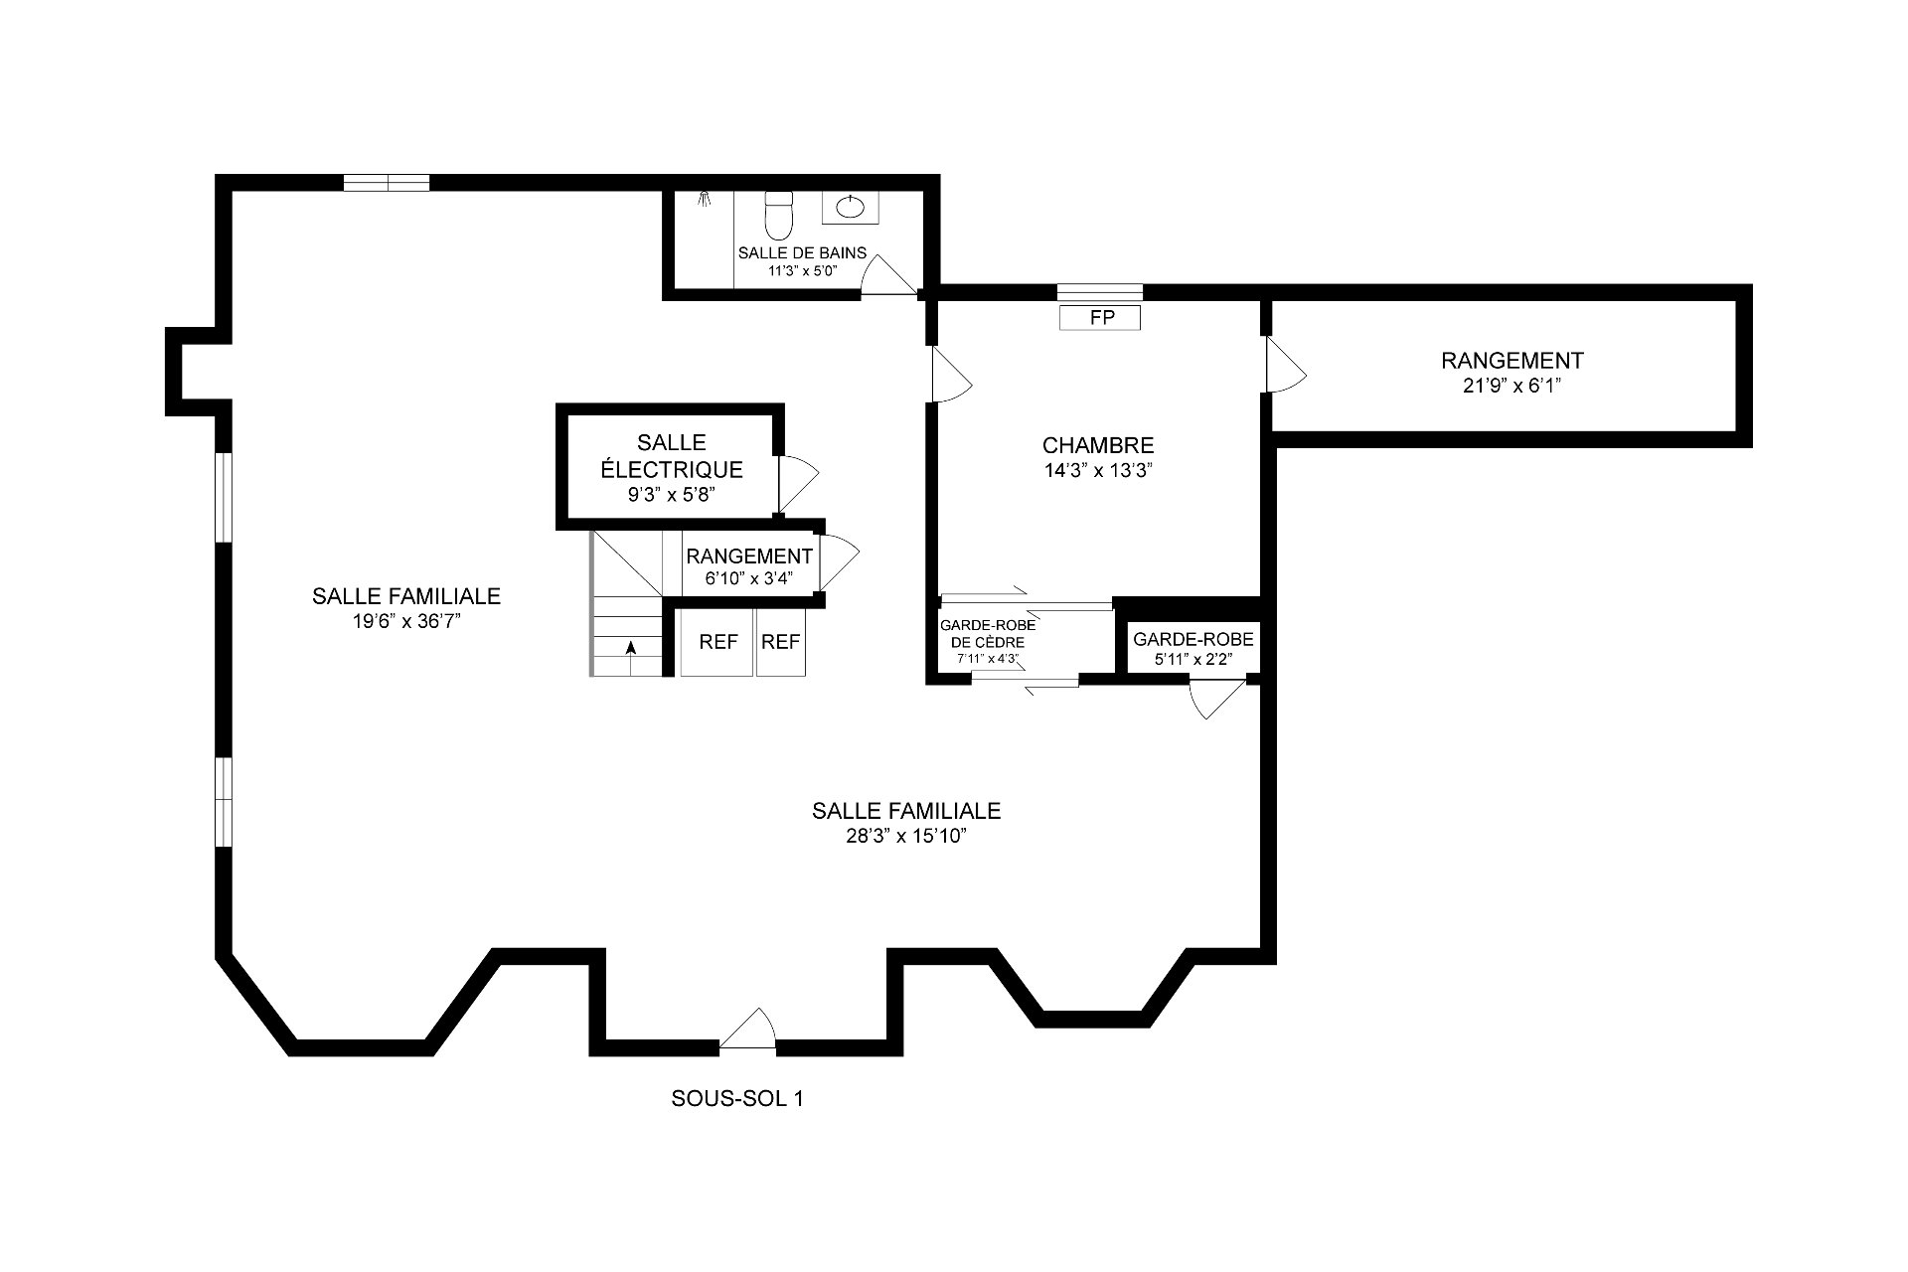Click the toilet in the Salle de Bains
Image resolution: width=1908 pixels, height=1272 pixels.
coord(777,210)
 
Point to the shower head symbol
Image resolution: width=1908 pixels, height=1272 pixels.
coord(705,198)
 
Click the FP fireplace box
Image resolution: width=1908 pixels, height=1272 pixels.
coord(1100,317)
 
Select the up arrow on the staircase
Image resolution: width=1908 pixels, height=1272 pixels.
coord(630,648)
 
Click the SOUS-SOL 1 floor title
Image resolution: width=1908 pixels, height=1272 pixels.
coord(737,1098)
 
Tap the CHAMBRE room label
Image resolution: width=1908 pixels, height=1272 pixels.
coord(1098,446)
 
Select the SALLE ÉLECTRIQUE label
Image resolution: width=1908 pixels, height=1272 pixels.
coord(672,455)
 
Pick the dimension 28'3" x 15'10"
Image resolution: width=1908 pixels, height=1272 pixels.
coord(906,836)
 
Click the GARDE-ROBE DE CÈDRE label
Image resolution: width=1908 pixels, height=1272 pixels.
coord(988,633)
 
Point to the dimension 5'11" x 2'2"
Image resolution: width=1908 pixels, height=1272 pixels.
coord(1192,658)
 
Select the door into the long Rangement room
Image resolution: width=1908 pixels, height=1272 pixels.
coord(1285,365)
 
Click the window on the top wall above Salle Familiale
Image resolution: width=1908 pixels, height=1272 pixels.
coord(387,182)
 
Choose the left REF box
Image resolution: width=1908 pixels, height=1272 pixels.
coord(717,642)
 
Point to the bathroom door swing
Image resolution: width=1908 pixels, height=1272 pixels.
coord(887,272)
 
